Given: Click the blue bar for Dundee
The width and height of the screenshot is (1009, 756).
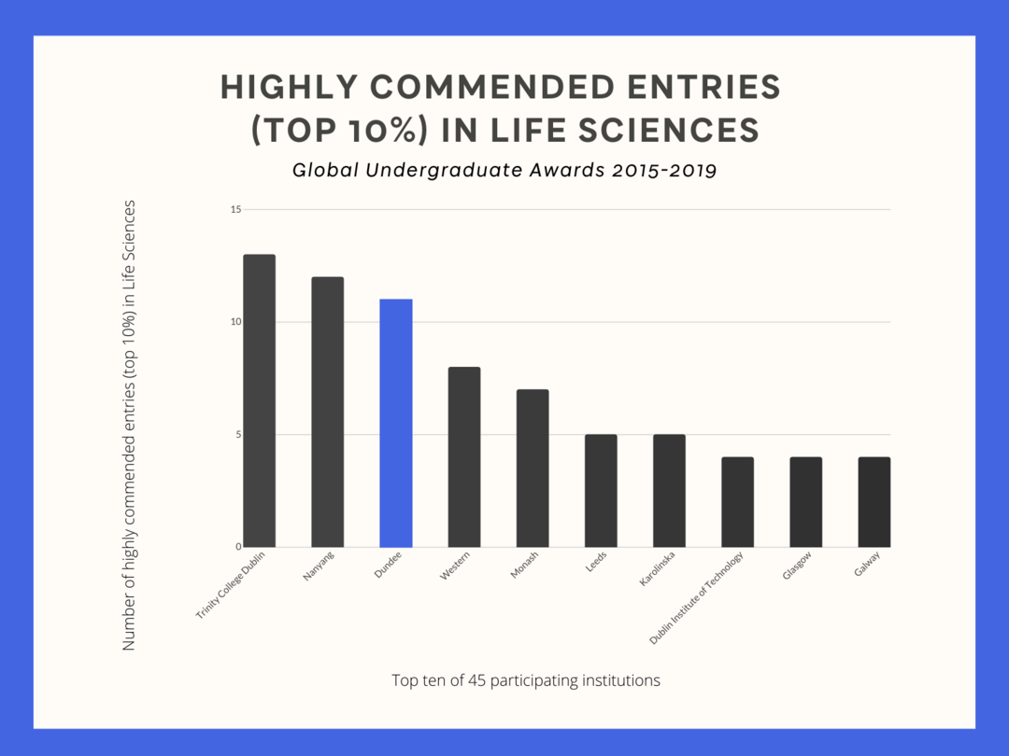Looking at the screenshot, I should [x=396, y=423].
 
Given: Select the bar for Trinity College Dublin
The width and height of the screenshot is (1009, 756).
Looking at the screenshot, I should [x=259, y=400].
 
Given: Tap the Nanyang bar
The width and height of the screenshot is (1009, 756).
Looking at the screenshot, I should [x=327, y=412].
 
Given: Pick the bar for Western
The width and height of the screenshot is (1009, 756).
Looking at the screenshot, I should [x=464, y=456].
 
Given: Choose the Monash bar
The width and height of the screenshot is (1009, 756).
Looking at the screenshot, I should [x=533, y=468].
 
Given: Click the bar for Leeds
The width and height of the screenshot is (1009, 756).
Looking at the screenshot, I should [x=601, y=490].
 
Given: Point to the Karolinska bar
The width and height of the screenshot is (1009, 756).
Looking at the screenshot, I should [x=669, y=490].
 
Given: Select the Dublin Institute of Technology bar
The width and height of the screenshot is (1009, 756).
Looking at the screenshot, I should [x=737, y=501].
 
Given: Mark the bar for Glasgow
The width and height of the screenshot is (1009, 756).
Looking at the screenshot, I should [x=805, y=501].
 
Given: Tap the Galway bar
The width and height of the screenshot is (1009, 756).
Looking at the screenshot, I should [x=874, y=501].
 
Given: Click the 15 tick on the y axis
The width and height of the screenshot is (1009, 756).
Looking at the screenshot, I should [x=235, y=209].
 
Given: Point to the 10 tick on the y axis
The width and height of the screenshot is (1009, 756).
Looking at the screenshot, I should [x=235, y=322].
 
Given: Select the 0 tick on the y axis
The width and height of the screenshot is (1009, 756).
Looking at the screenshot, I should [x=238, y=547].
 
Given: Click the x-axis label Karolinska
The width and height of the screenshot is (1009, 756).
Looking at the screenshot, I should [x=657, y=569].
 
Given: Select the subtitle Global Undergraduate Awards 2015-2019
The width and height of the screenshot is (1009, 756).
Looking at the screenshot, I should [x=504, y=171].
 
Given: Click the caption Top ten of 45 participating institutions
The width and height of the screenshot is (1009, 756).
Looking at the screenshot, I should [x=526, y=680].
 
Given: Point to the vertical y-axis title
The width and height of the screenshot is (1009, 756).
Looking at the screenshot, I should [x=130, y=425].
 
